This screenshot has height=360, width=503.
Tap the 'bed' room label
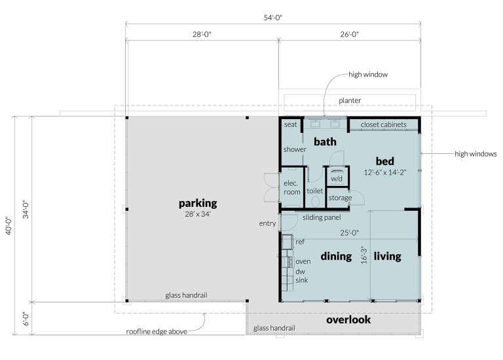[386, 160]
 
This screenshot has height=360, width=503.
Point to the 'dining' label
[336, 256]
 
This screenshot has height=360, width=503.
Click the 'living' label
[387, 256]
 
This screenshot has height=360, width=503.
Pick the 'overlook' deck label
[348, 320]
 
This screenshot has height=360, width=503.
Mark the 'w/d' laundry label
[336, 177]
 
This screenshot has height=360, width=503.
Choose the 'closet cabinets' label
[383, 124]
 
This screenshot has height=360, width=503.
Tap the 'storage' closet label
[340, 198]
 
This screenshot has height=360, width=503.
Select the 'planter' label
[350, 100]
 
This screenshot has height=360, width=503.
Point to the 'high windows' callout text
[475, 154]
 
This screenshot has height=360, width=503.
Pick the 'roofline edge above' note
[157, 331]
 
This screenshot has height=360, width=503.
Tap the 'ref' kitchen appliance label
[300, 242]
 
